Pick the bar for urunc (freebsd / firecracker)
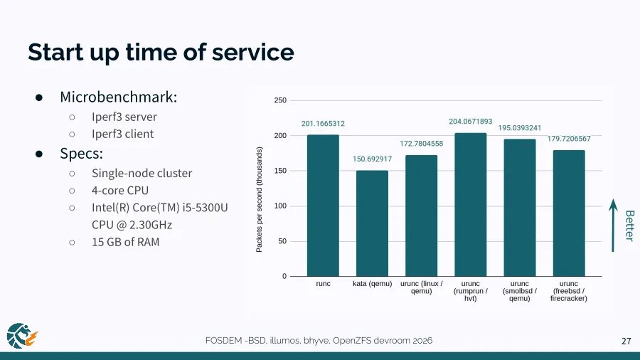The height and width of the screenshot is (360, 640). (x=569, y=213)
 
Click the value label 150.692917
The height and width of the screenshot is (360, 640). (x=372, y=159)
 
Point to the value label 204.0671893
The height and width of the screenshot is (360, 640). (x=470, y=122)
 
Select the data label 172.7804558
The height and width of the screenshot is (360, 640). (x=422, y=144)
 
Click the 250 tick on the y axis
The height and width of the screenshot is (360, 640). (x=280, y=101)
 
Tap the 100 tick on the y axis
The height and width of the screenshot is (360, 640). (x=280, y=206)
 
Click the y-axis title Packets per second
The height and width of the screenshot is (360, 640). (x=260, y=199)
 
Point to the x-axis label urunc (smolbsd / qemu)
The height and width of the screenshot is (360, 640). (x=519, y=291)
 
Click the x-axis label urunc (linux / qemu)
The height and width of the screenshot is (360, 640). (x=422, y=287)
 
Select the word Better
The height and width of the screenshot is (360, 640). (x=629, y=225)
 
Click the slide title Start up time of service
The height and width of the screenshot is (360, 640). (x=161, y=52)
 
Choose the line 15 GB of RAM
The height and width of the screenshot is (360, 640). (x=125, y=242)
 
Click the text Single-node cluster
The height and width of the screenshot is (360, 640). (x=142, y=173)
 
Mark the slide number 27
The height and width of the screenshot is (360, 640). (x=626, y=342)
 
